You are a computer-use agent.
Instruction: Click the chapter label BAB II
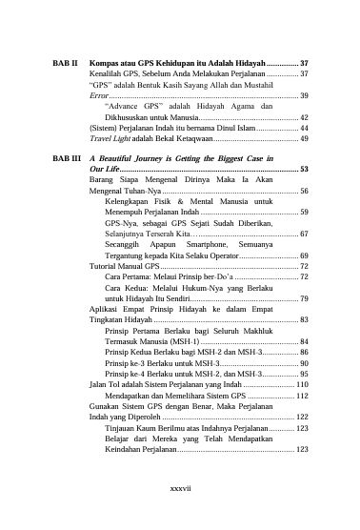[66, 61]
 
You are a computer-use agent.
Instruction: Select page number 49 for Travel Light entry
[303, 138]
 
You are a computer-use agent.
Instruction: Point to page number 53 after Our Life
[303, 169]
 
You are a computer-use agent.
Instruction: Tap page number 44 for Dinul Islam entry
[303, 127]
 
